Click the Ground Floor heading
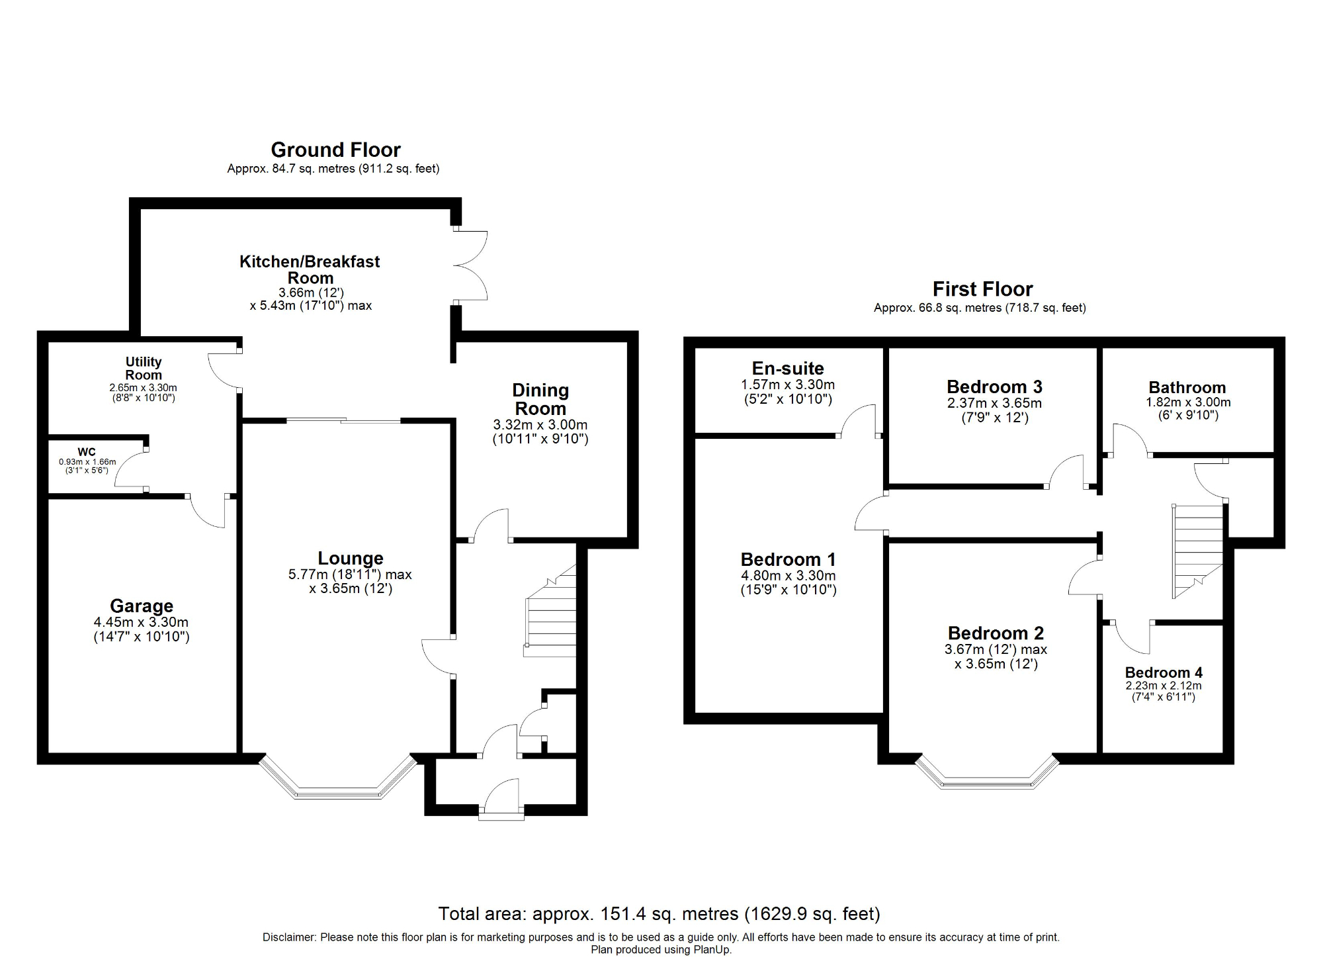point(335,150)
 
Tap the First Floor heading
point(982,289)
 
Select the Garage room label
point(142,606)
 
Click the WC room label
point(87,452)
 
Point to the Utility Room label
point(144,368)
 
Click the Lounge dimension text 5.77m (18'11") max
point(350,574)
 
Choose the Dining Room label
point(540,399)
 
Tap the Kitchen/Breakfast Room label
point(310,269)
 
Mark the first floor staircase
point(1197,549)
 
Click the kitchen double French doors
point(471,266)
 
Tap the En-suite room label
point(788,369)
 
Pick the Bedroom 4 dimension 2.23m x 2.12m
point(1164,686)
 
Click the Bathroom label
point(1187,387)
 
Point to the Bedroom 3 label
point(994,387)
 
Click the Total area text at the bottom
point(659,914)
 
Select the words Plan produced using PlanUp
point(661,950)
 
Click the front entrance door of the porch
point(501,801)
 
